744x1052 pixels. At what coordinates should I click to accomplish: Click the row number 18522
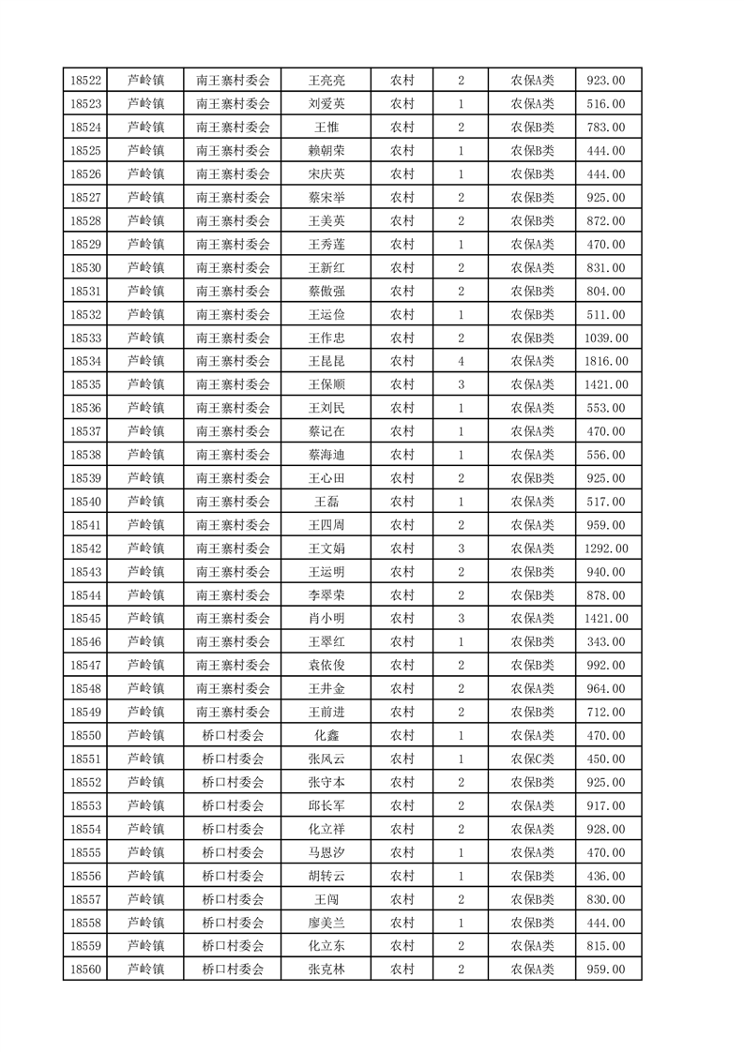click(x=86, y=81)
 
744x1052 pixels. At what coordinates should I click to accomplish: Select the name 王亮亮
click(x=326, y=81)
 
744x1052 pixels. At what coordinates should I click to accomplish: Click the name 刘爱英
click(x=326, y=104)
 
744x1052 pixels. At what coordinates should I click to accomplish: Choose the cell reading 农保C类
click(x=532, y=759)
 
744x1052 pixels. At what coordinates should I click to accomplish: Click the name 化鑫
click(x=326, y=735)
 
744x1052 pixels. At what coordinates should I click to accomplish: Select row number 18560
click(x=86, y=969)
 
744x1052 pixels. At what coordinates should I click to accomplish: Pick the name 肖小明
click(x=326, y=619)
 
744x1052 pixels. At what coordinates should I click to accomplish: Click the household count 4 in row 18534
click(x=461, y=361)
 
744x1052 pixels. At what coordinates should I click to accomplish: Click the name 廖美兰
click(x=326, y=923)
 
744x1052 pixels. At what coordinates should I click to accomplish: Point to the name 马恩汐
click(x=326, y=852)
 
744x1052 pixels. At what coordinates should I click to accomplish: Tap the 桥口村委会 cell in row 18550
click(x=233, y=735)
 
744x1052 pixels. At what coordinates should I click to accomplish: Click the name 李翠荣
click(x=326, y=595)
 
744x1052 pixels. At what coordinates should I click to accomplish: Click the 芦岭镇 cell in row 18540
click(x=145, y=502)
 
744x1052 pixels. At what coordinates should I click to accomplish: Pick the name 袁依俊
click(x=326, y=666)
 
